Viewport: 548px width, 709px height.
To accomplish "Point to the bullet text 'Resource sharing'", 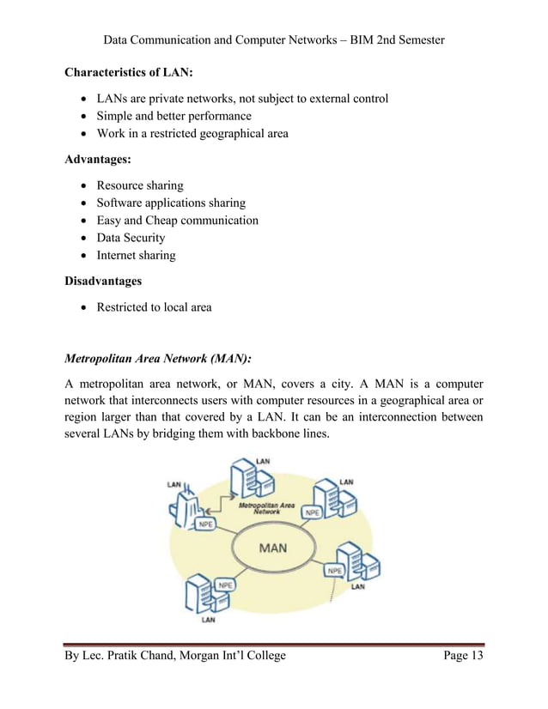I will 140,185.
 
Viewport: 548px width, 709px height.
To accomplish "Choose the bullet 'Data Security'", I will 131,238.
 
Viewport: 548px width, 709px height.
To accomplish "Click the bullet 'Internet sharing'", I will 136,255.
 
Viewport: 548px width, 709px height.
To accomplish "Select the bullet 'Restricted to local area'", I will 154,307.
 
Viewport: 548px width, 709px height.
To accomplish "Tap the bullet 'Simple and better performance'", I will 174,116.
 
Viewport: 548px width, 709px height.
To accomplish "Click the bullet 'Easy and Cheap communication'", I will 177,221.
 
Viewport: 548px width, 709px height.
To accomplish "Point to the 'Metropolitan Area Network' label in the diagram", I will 266,507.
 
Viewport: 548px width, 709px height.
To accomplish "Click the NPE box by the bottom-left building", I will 225,585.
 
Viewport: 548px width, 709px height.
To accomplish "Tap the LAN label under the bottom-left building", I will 208,618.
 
